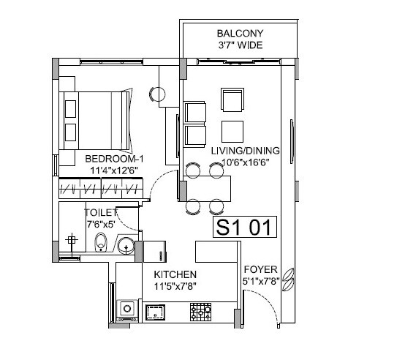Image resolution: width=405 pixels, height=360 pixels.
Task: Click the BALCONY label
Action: tap(240, 34)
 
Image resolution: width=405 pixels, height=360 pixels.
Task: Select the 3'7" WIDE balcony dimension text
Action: tap(240, 45)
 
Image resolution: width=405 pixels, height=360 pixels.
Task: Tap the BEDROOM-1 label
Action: tap(113, 159)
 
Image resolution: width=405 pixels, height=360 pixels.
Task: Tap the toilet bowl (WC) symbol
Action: tap(102, 242)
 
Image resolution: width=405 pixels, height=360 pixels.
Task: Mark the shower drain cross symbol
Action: tap(71, 241)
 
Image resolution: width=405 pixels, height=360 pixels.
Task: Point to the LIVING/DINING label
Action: tap(236, 151)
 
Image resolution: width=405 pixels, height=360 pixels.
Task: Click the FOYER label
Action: tap(260, 269)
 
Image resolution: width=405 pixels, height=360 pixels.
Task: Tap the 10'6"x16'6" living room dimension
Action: tap(236, 162)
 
